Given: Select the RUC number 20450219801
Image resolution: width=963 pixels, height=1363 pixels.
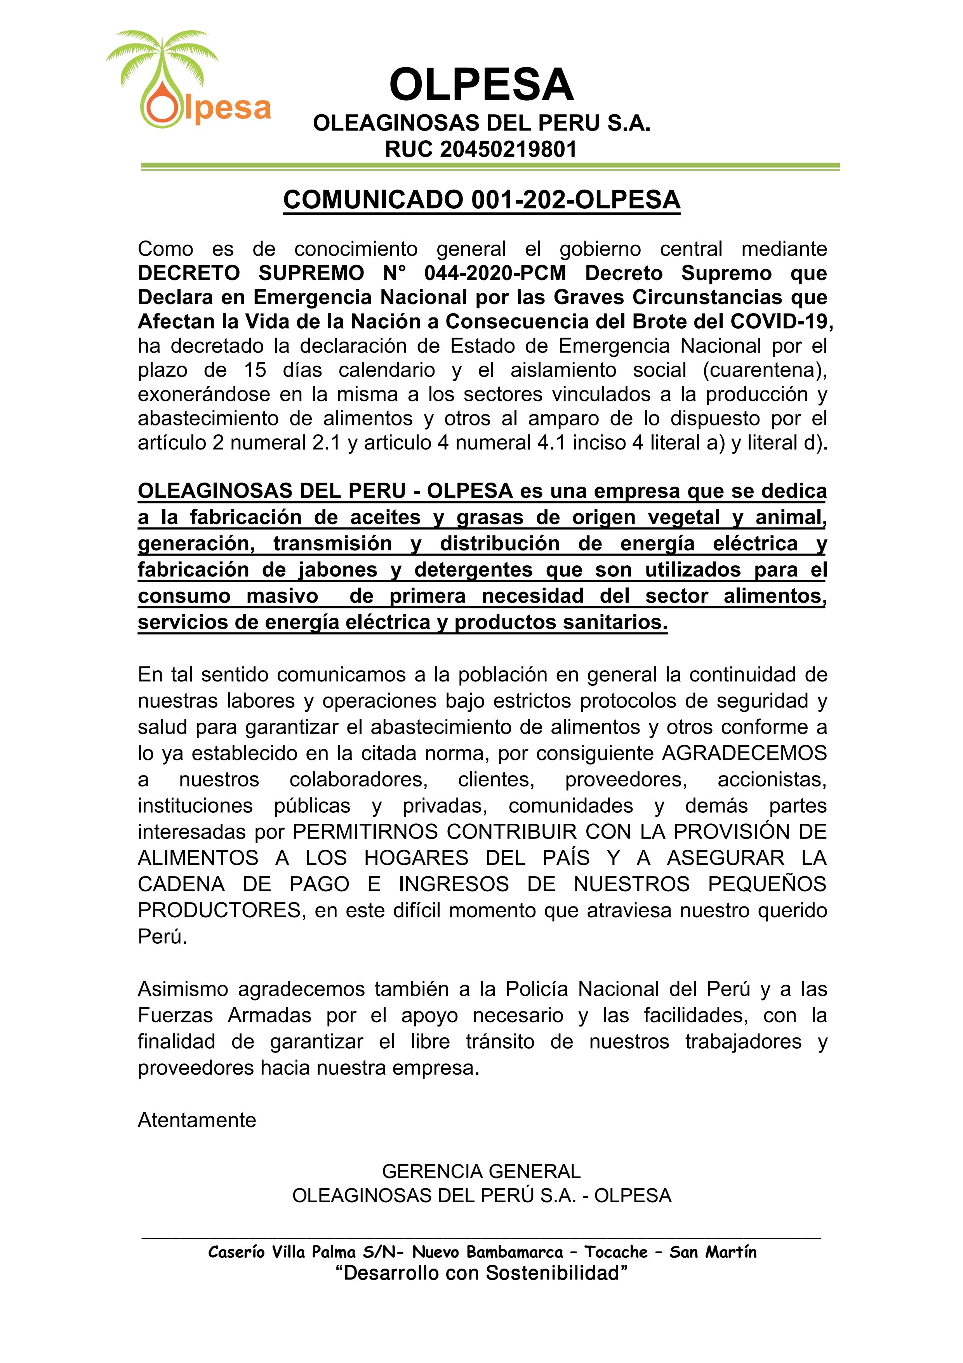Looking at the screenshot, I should tap(509, 149).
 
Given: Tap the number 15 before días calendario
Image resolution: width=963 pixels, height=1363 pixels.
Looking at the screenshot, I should tap(255, 370).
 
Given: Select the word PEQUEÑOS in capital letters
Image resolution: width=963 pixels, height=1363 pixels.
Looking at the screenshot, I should tap(767, 884).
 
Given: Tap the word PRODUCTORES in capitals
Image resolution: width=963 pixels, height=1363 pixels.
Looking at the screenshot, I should tap(219, 910).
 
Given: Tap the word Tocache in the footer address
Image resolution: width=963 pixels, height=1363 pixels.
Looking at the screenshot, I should tap(615, 1252).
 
